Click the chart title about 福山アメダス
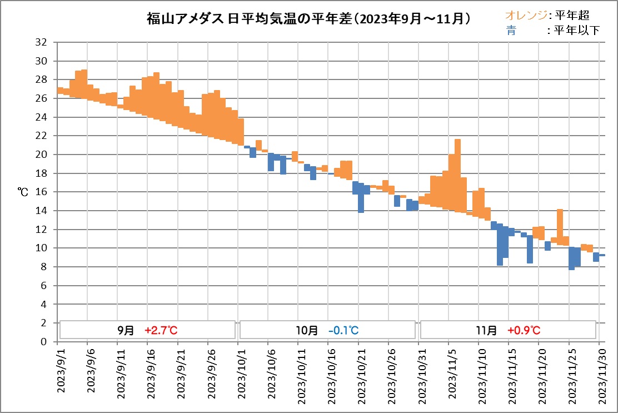click(309, 19)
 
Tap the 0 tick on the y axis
click(42, 342)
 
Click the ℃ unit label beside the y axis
click(23, 192)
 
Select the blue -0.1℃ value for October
click(343, 330)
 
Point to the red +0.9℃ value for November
click(524, 330)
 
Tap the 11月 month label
click(487, 330)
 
